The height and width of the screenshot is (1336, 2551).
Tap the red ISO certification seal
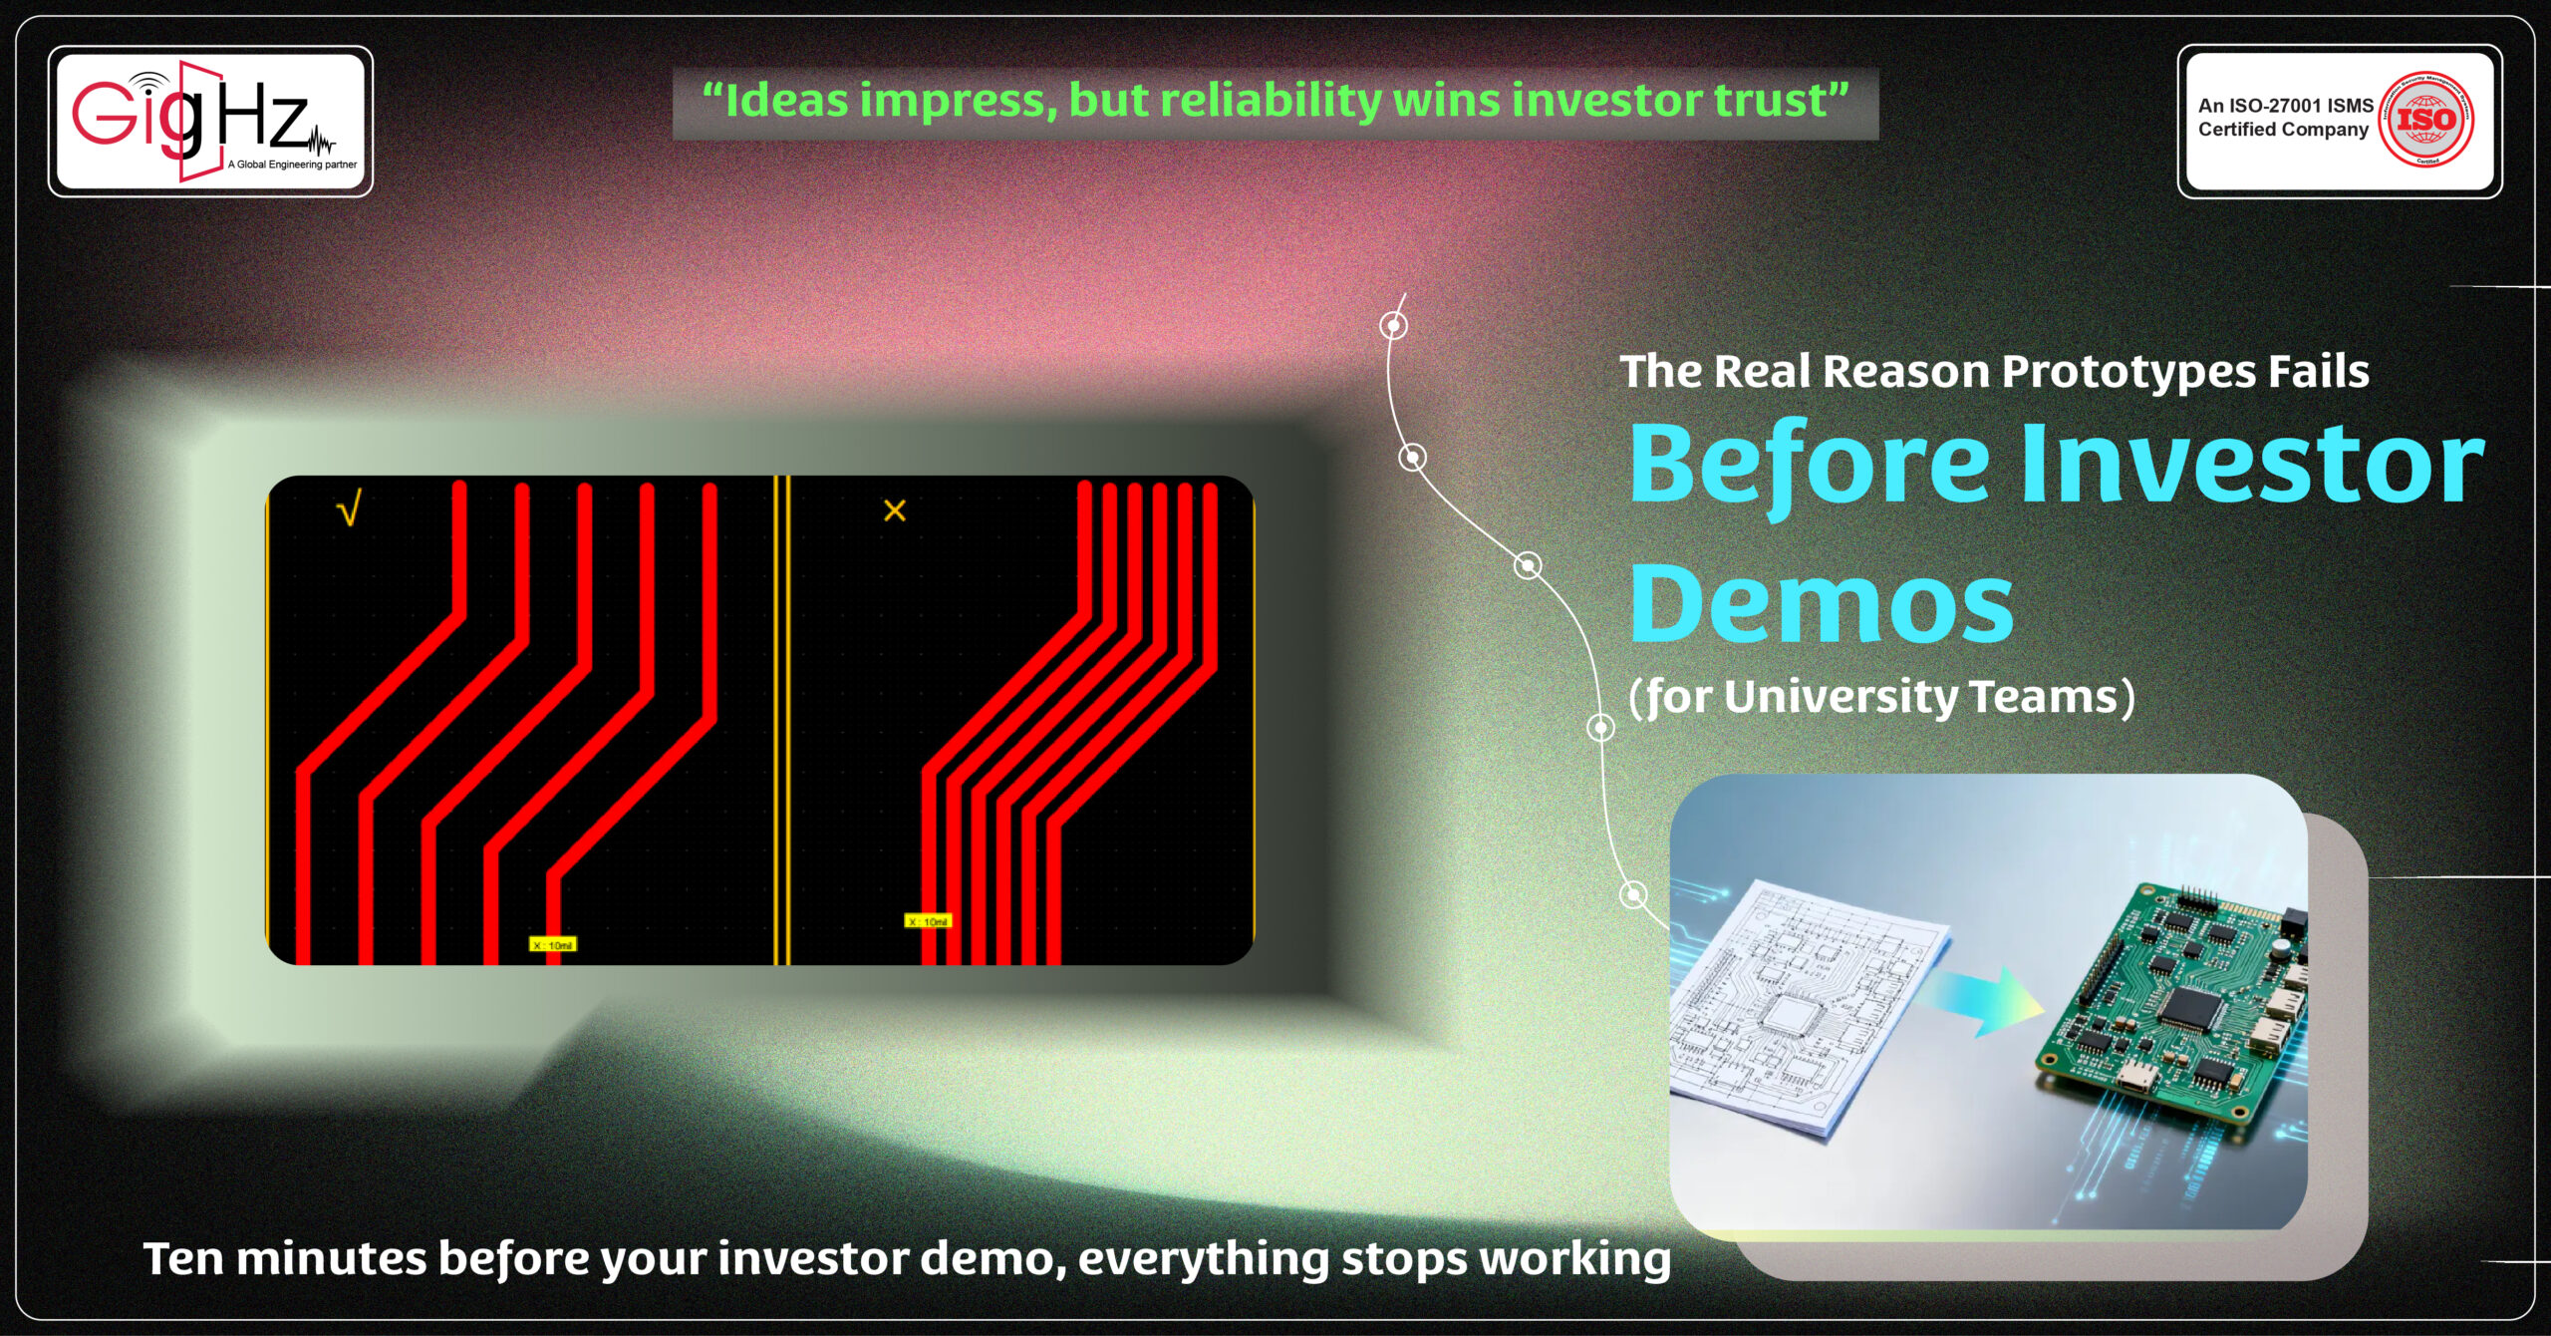click(2426, 120)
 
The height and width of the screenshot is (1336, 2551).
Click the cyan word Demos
click(1822, 604)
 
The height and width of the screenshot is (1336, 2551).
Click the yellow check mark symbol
click(349, 510)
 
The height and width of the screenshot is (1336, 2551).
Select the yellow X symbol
click(894, 510)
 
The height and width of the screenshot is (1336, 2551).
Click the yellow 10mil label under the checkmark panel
click(552, 944)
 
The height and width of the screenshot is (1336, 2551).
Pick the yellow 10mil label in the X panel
click(928, 921)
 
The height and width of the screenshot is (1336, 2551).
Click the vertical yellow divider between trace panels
click(782, 718)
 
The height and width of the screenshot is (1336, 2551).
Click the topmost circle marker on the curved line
click(1393, 325)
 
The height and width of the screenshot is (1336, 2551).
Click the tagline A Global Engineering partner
click(292, 165)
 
